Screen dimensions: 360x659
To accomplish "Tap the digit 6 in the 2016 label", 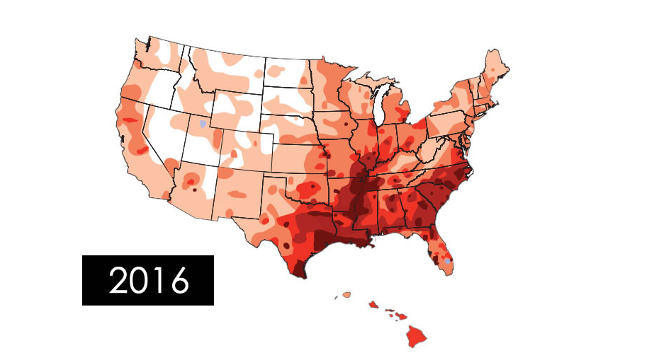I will [x=179, y=281].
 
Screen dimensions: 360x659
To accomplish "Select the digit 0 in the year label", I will [x=142, y=281].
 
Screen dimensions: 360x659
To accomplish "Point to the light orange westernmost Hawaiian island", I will [x=347, y=294].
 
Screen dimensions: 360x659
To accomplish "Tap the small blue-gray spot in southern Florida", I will [x=447, y=261].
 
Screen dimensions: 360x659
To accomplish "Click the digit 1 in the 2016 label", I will [x=161, y=281].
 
